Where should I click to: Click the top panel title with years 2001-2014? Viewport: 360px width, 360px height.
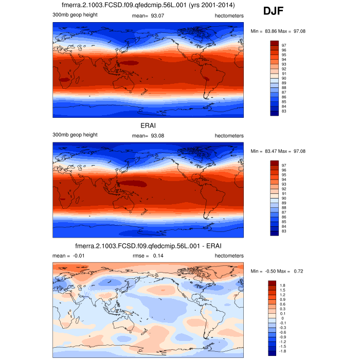(x=148, y=6)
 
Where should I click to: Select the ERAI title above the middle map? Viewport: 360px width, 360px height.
(x=148, y=125)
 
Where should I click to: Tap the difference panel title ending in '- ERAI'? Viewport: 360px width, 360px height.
(x=148, y=246)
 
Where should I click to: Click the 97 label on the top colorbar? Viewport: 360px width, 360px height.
(x=284, y=45)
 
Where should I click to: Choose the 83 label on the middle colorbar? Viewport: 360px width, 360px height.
(x=284, y=231)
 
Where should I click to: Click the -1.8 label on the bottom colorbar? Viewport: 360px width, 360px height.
(x=282, y=351)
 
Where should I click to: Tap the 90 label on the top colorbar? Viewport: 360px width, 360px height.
(x=284, y=78)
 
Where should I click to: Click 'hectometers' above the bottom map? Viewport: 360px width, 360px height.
(x=229, y=256)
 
